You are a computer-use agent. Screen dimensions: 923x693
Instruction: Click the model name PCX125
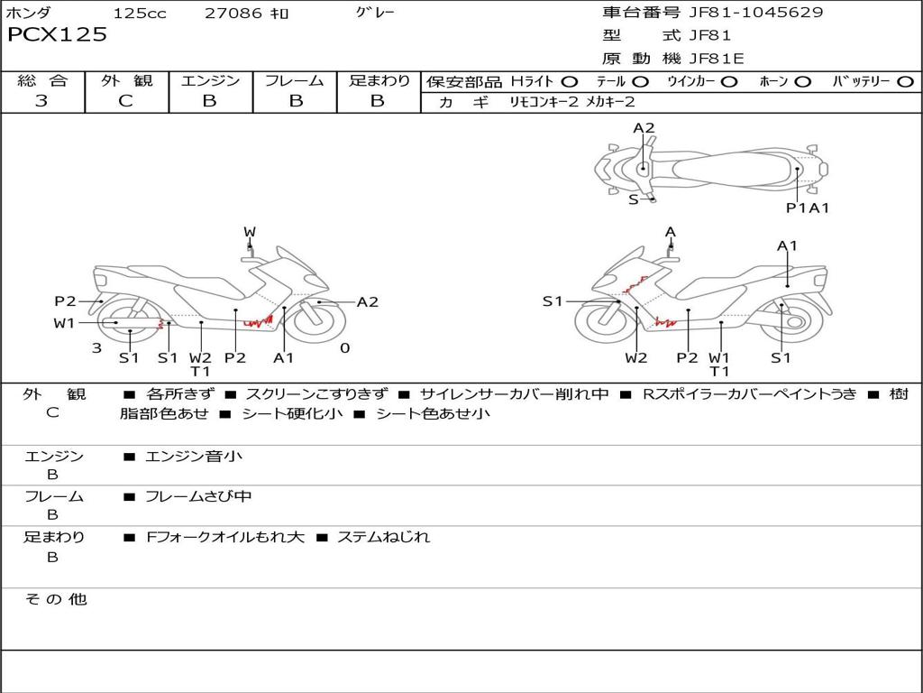tap(57, 35)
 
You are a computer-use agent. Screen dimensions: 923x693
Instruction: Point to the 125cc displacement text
tap(140, 14)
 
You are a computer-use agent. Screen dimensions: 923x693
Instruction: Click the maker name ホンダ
tap(29, 14)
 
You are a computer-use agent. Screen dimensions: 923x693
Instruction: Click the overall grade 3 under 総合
tap(41, 101)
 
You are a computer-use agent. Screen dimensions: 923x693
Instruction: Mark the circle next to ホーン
tap(803, 82)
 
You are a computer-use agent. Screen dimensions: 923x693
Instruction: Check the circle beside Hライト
tap(570, 82)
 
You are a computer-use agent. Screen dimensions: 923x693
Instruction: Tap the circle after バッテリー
tap(905, 82)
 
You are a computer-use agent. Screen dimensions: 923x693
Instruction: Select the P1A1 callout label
tap(808, 208)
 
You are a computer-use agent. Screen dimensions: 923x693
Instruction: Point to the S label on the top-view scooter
tap(633, 199)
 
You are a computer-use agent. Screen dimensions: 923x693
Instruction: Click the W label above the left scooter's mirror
tap(250, 232)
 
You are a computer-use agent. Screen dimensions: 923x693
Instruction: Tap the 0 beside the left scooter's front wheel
tap(344, 348)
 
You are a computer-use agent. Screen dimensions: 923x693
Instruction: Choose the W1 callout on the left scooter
tap(64, 323)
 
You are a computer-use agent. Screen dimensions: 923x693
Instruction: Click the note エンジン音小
tap(194, 457)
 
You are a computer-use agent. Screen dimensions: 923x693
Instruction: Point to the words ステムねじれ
tap(383, 537)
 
